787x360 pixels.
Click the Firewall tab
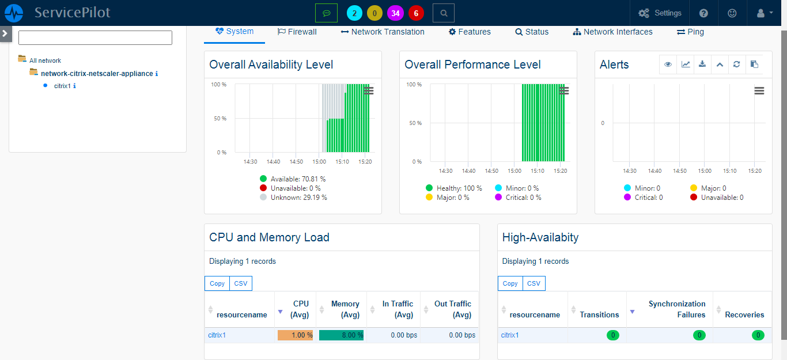pyautogui.click(x=297, y=32)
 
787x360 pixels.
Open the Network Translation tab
pyautogui.click(x=383, y=32)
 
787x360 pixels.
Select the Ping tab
pyautogui.click(x=690, y=32)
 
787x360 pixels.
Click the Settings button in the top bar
pyautogui.click(x=660, y=13)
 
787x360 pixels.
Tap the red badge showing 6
pyautogui.click(x=416, y=13)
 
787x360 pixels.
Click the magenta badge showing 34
pyautogui.click(x=395, y=13)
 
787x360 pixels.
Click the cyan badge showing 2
pyautogui.click(x=354, y=13)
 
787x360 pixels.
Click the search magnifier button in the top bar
pyautogui.click(x=443, y=13)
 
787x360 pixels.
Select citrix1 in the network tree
pyautogui.click(x=62, y=86)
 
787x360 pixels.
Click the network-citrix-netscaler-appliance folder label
pyautogui.click(x=96, y=74)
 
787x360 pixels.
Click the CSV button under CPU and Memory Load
pyautogui.click(x=241, y=283)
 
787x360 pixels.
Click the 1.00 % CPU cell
pyautogui.click(x=295, y=335)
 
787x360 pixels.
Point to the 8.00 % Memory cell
pyautogui.click(x=341, y=335)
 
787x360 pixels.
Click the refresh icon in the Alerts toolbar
pyautogui.click(x=736, y=65)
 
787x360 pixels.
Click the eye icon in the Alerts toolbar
pyautogui.click(x=668, y=65)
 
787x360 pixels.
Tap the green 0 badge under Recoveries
pyautogui.click(x=758, y=335)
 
